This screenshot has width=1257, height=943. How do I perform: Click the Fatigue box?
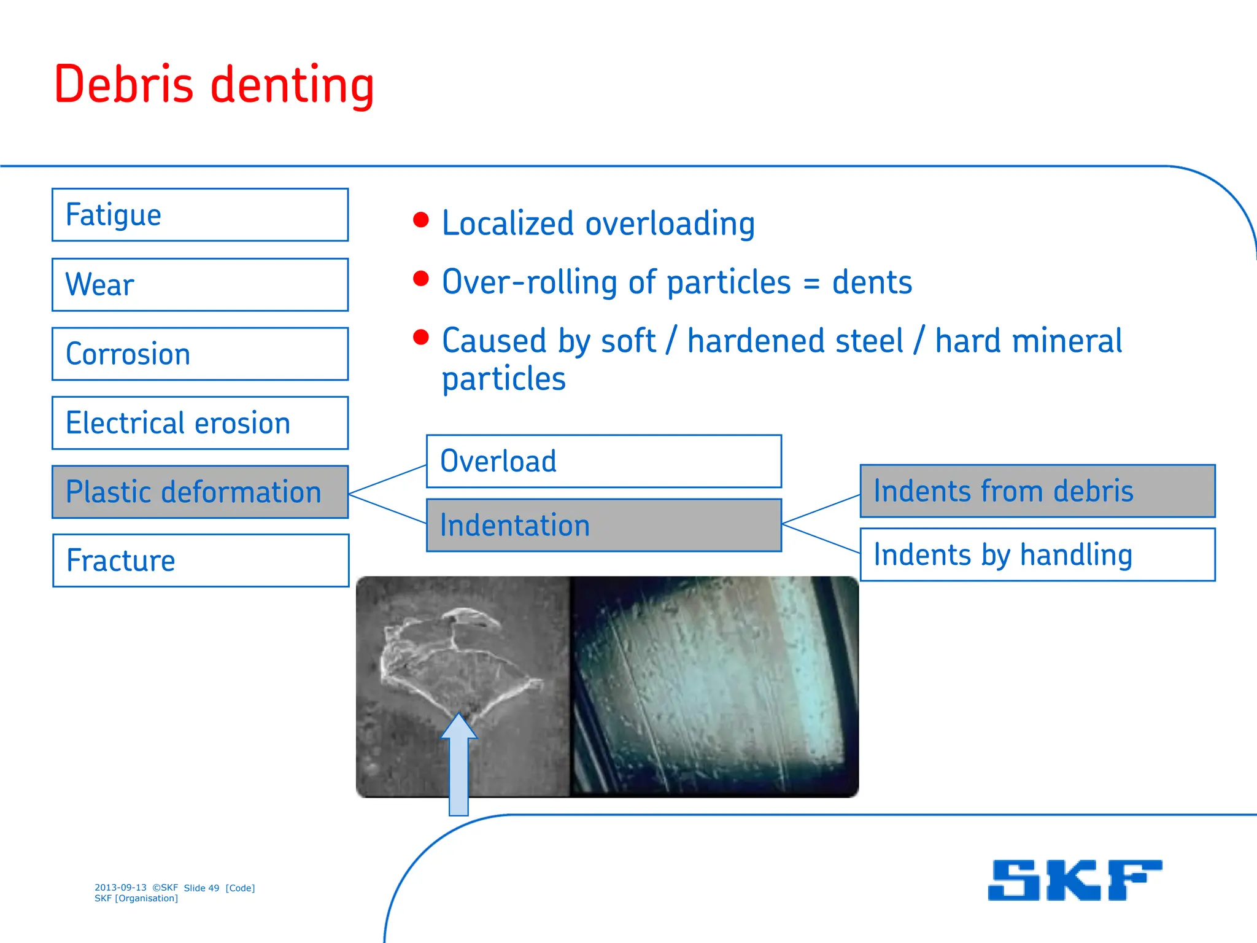pos(200,215)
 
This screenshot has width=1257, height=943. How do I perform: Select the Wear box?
pos(200,285)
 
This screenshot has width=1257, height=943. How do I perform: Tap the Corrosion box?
pos(200,354)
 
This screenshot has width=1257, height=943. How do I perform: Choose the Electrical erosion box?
pos(200,423)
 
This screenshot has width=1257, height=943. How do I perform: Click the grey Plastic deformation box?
pos(200,492)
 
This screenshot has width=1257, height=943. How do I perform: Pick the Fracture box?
pos(200,561)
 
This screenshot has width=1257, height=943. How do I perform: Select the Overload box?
pos(604,461)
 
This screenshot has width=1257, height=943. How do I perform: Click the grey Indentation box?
pos(604,526)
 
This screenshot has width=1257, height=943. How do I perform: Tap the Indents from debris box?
pos(1037,491)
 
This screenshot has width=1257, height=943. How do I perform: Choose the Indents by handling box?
pos(1037,555)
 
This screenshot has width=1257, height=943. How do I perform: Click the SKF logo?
pos(1075,880)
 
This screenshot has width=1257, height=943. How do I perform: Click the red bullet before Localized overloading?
pos(420,220)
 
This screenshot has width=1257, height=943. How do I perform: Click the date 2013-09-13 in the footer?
pos(120,888)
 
